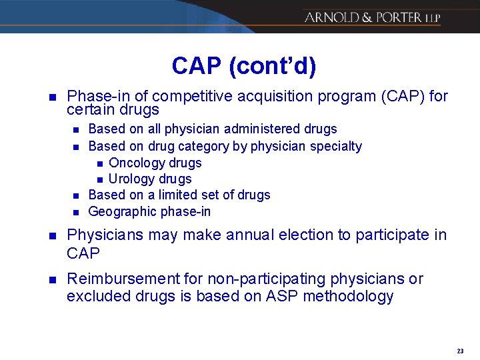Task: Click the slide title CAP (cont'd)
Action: click(244, 66)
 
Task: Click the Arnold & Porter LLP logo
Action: click(372, 17)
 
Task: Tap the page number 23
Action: click(460, 351)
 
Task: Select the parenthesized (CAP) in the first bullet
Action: click(403, 97)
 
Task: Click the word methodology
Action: click(348, 296)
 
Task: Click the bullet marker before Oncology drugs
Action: click(99, 163)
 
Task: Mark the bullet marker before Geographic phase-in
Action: click(76, 212)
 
